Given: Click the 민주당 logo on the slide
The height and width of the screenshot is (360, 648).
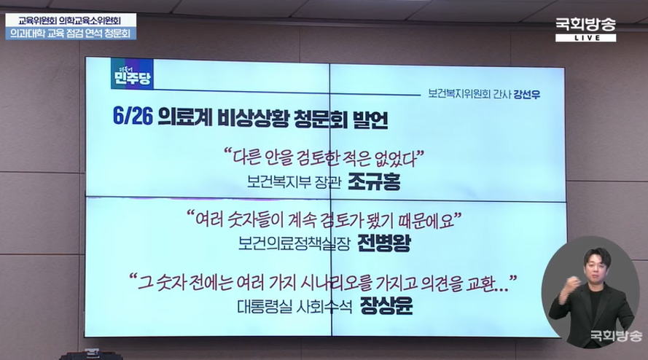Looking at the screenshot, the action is [x=132, y=74].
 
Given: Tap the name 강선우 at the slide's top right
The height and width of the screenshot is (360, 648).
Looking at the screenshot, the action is [x=527, y=95].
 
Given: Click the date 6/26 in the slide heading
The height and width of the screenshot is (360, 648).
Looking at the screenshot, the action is [x=133, y=117].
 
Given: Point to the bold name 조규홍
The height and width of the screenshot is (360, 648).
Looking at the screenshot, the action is [x=374, y=181].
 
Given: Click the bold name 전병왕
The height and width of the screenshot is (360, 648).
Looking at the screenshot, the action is [x=384, y=243].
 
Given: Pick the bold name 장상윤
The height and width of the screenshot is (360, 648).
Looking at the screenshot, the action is [x=386, y=306].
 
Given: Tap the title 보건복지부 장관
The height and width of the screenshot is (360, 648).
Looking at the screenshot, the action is [x=294, y=182].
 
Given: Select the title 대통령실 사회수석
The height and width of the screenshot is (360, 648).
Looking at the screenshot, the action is [x=294, y=307].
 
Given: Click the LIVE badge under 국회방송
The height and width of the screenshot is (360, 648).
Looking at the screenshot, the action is [x=585, y=38].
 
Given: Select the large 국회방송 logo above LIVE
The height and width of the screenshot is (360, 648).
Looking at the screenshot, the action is [x=585, y=25].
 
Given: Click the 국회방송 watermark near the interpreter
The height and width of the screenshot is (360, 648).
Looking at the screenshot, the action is [x=616, y=336].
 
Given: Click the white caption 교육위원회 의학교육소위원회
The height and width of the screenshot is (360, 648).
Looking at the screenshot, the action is [x=71, y=20].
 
